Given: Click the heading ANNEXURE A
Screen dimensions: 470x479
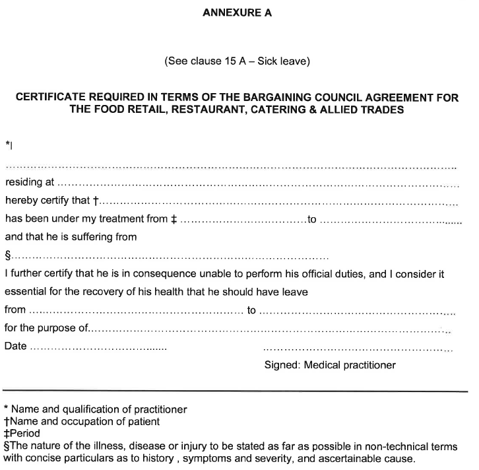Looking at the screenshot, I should coord(237,13).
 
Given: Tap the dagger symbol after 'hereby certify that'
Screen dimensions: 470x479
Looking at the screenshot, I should coord(96,200).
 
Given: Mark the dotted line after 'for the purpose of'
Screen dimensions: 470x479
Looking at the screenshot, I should coord(271,329).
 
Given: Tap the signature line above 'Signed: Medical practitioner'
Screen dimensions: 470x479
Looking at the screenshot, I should coord(357,348).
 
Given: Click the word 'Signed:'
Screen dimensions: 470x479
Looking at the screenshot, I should coord(282,364).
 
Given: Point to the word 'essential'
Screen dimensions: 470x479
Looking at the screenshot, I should coord(24,291).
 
